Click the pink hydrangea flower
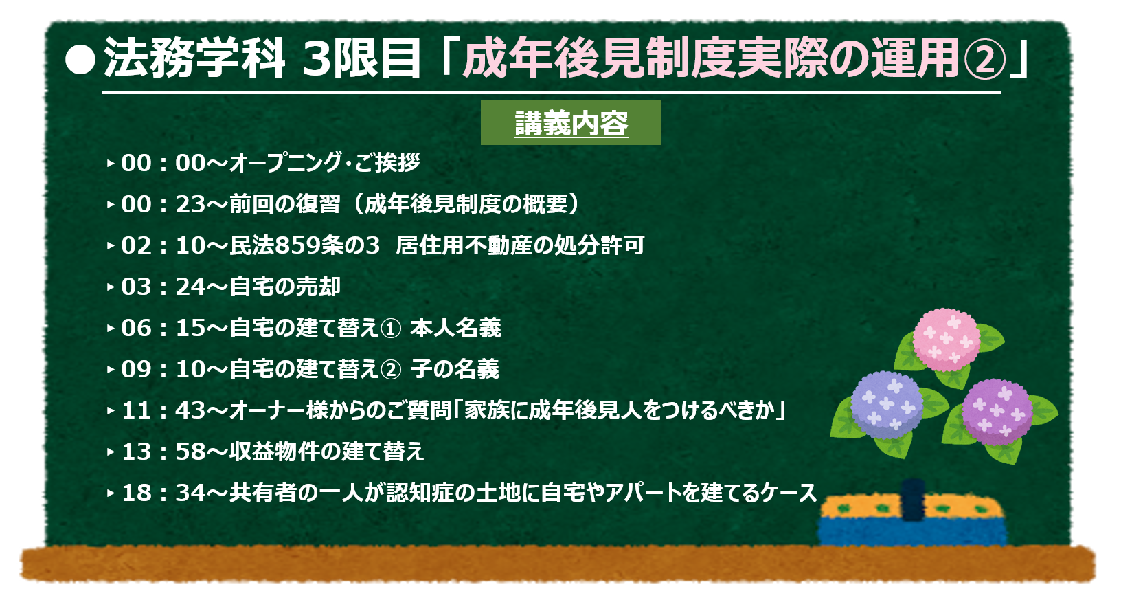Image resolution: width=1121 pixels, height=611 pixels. pos(946,340)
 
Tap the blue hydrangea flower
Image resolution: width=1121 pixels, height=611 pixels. pos(887,405)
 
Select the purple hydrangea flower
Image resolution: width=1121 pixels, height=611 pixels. pos(997,412)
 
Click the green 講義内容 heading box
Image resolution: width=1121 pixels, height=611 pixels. pos(571,122)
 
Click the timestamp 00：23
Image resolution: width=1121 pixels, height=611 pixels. pos(163,204)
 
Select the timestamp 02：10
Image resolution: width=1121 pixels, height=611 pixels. pos(163,246)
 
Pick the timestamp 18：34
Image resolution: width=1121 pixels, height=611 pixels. pos(163,493)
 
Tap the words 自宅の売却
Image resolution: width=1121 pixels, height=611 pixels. pos(285,287)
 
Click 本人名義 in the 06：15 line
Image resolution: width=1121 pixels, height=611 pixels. pos(455,328)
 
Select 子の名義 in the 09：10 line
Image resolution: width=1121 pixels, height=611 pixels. pos(455,370)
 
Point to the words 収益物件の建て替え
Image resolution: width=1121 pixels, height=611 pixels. pos(327,452)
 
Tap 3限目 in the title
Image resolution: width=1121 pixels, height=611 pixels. pos(361,59)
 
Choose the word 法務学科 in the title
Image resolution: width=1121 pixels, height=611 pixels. pos(194,58)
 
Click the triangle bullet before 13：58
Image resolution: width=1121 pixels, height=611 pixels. pos(111,452)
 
